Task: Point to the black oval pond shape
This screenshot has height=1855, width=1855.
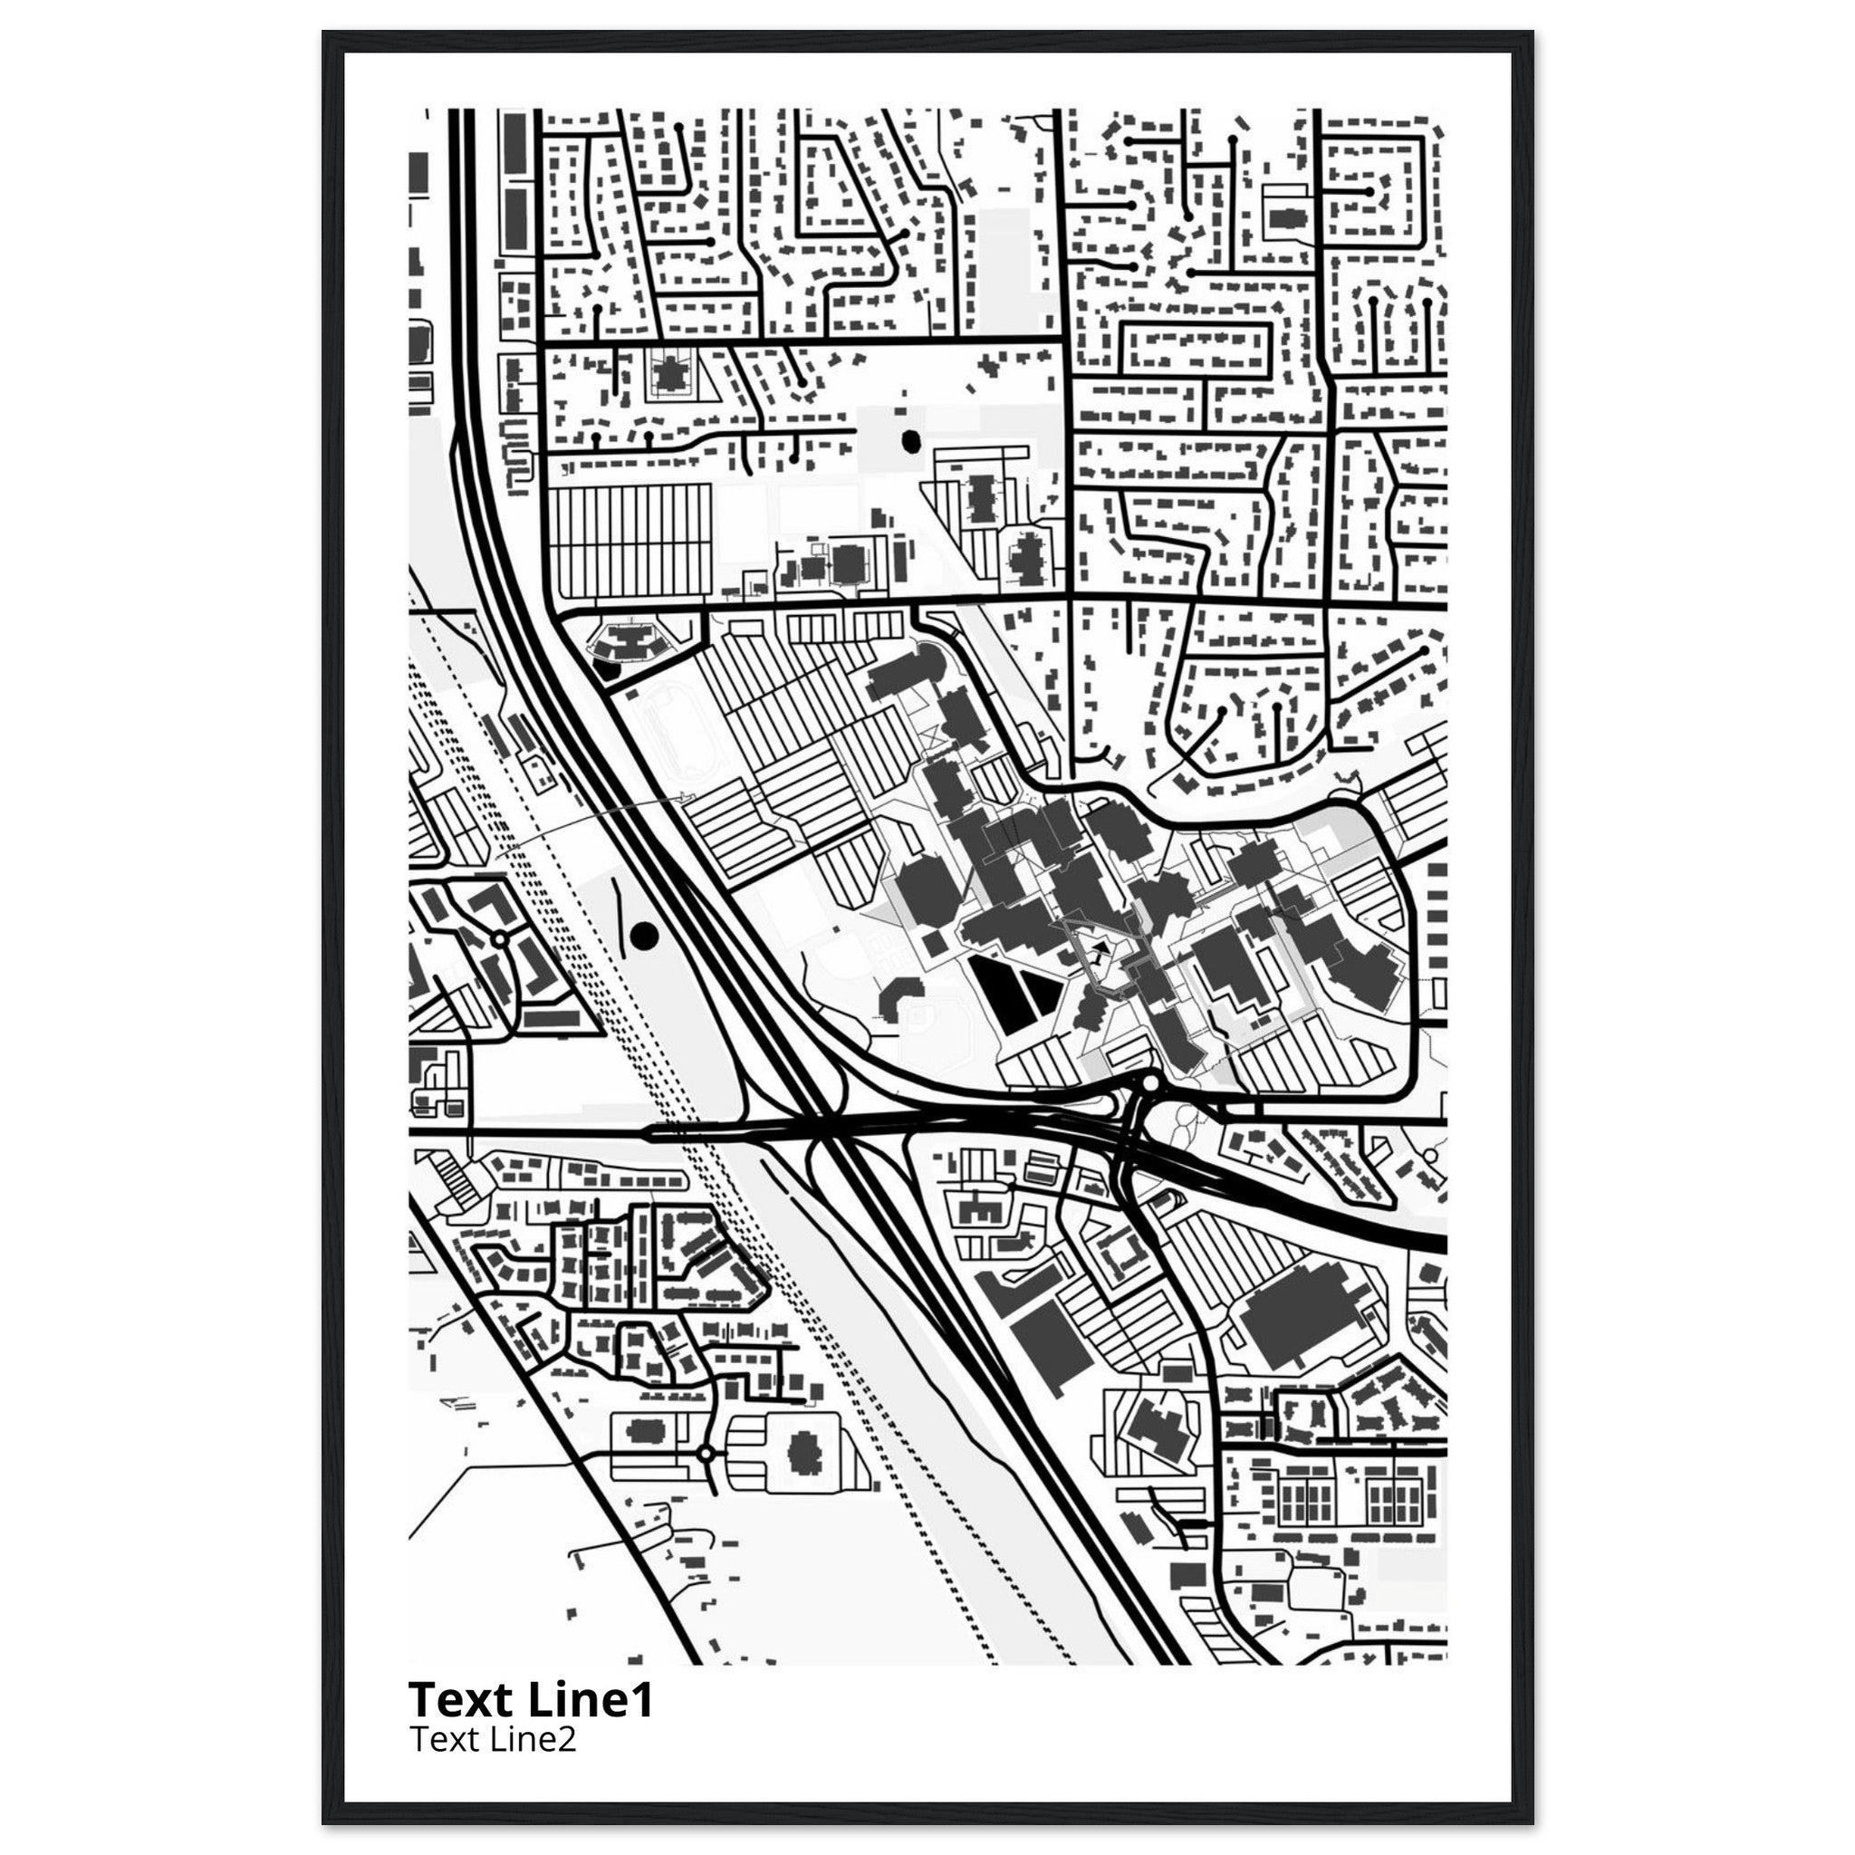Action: coord(909,441)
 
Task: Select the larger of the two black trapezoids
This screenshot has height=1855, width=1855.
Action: coord(996,994)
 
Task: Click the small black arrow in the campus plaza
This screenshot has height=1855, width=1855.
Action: coord(1100,947)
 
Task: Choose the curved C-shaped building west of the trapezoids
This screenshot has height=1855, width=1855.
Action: coord(895,1000)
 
